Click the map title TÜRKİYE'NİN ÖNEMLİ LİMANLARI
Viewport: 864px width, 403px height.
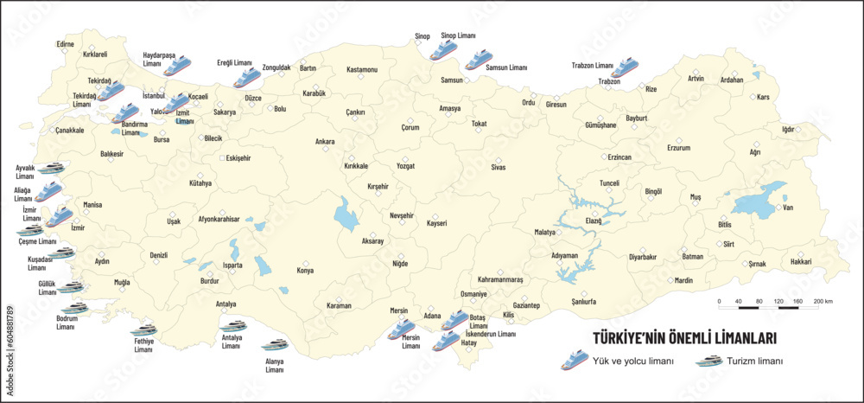[x=683, y=338]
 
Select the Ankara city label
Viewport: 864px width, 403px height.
[x=325, y=141]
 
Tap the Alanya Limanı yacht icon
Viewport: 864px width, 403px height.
[x=275, y=345]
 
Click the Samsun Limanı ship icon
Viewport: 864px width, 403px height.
[x=478, y=60]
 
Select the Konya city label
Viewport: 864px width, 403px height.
[x=305, y=271]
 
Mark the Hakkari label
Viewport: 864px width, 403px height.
[x=800, y=261]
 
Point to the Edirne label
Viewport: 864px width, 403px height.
[x=66, y=44]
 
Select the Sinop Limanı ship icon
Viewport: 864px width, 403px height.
[x=442, y=50]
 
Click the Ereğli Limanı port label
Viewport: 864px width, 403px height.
[x=234, y=63]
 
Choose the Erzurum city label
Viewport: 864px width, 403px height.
[x=678, y=148]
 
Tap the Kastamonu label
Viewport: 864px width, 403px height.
[x=362, y=69]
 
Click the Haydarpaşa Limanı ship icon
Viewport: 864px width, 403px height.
[x=177, y=66]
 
